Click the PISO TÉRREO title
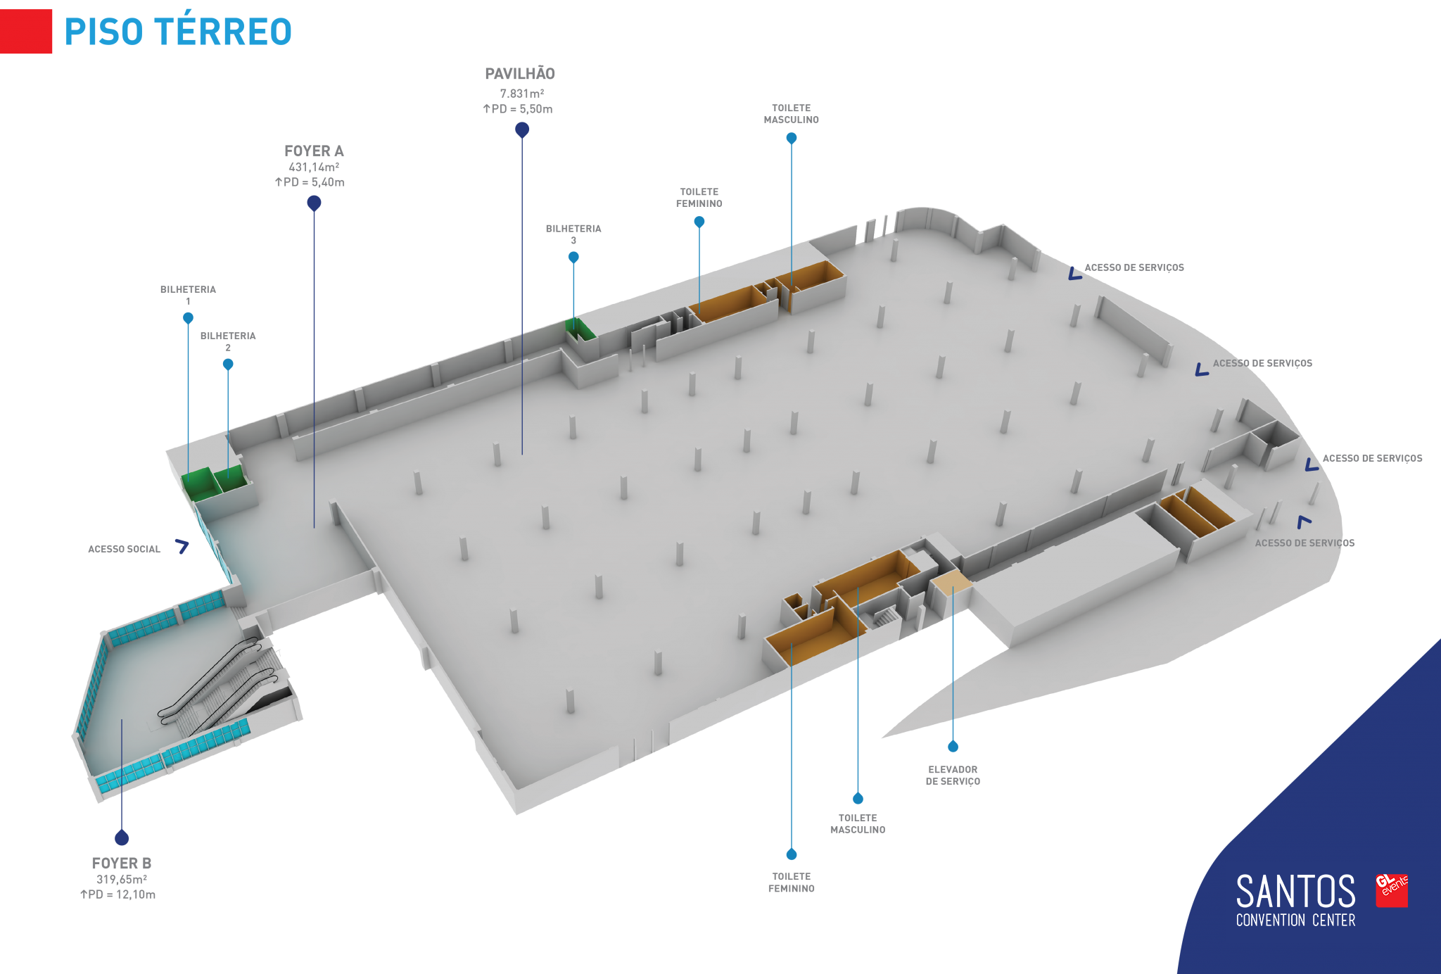click(178, 32)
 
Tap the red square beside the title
click(26, 31)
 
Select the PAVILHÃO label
click(520, 74)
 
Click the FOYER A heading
click(314, 151)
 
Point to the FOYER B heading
click(122, 864)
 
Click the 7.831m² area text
click(522, 94)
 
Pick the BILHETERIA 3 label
click(573, 234)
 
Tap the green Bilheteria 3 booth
click(580, 329)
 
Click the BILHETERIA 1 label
click(188, 295)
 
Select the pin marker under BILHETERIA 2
click(228, 365)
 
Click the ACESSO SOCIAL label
click(124, 550)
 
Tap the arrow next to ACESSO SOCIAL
click(182, 546)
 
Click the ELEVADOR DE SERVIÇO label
click(953, 776)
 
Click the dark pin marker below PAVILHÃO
click(522, 130)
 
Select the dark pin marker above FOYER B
click(122, 837)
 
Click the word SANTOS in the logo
click(1295, 892)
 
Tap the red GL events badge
click(1392, 890)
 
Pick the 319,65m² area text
click(122, 880)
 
